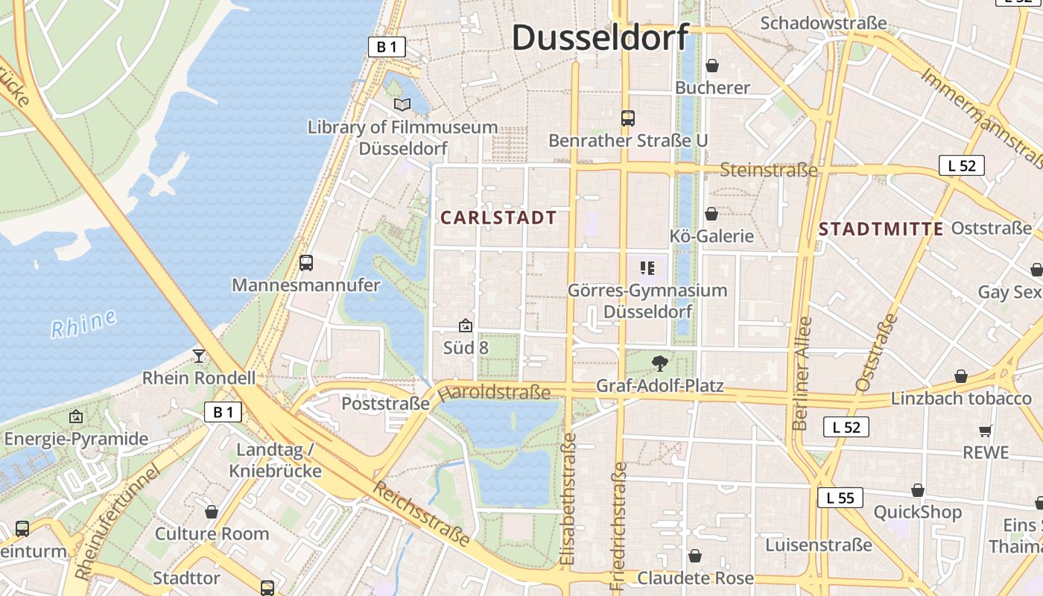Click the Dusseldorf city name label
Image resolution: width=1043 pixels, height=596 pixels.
click(600, 37)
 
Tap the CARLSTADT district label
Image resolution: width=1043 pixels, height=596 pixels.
click(498, 218)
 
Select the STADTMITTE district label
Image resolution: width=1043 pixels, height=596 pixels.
click(881, 229)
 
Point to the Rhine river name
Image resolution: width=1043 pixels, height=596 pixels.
click(84, 323)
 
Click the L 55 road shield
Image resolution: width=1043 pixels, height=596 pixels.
click(840, 498)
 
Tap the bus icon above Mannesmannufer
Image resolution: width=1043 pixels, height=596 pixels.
click(305, 262)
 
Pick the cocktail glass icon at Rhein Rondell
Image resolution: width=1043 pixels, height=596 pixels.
click(199, 355)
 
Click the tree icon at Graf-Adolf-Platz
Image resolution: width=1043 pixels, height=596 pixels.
click(659, 364)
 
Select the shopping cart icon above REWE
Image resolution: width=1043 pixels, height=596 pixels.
click(985, 431)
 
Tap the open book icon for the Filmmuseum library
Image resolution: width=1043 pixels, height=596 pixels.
click(402, 105)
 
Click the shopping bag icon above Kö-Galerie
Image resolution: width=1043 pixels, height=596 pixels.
click(711, 214)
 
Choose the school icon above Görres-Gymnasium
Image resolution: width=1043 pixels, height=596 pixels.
click(647, 267)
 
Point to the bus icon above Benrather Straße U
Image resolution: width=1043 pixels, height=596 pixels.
click(628, 118)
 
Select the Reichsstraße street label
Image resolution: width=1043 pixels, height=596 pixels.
click(422, 513)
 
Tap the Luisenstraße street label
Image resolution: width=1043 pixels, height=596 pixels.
click(819, 545)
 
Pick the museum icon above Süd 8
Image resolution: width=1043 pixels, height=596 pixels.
click(466, 326)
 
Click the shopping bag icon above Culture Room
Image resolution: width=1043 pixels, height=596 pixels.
click(212, 512)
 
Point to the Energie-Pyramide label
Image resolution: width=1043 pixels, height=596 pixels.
click(76, 439)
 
